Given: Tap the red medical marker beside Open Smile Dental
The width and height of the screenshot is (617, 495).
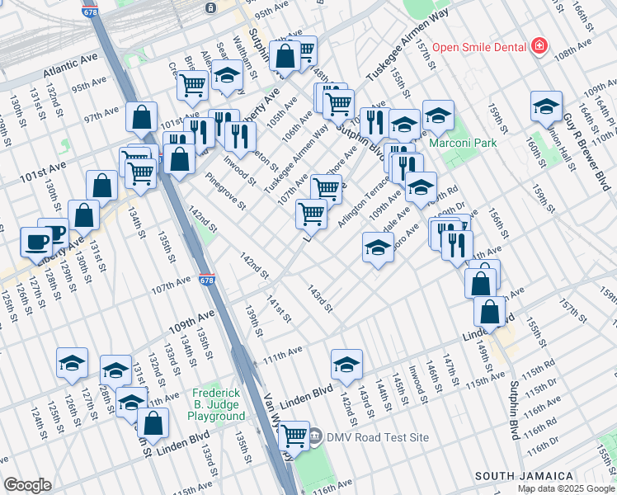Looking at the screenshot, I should pyautogui.click(x=539, y=46).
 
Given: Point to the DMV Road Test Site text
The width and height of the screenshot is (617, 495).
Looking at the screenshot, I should pyautogui.click(x=377, y=436).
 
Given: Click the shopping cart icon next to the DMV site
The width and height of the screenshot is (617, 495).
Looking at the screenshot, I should pyautogui.click(x=294, y=434).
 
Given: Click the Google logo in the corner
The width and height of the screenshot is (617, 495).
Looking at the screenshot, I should pyautogui.click(x=27, y=485).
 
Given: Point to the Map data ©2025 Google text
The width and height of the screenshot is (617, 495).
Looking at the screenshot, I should pyautogui.click(x=566, y=488).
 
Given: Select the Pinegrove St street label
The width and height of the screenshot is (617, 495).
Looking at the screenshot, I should pyautogui.click(x=225, y=191).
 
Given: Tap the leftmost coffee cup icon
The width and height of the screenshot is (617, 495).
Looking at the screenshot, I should pyautogui.click(x=35, y=241).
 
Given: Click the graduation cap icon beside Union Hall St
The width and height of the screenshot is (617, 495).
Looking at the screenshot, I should pyautogui.click(x=546, y=105).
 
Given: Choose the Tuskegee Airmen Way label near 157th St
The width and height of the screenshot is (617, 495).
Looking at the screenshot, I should pyautogui.click(x=407, y=44).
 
